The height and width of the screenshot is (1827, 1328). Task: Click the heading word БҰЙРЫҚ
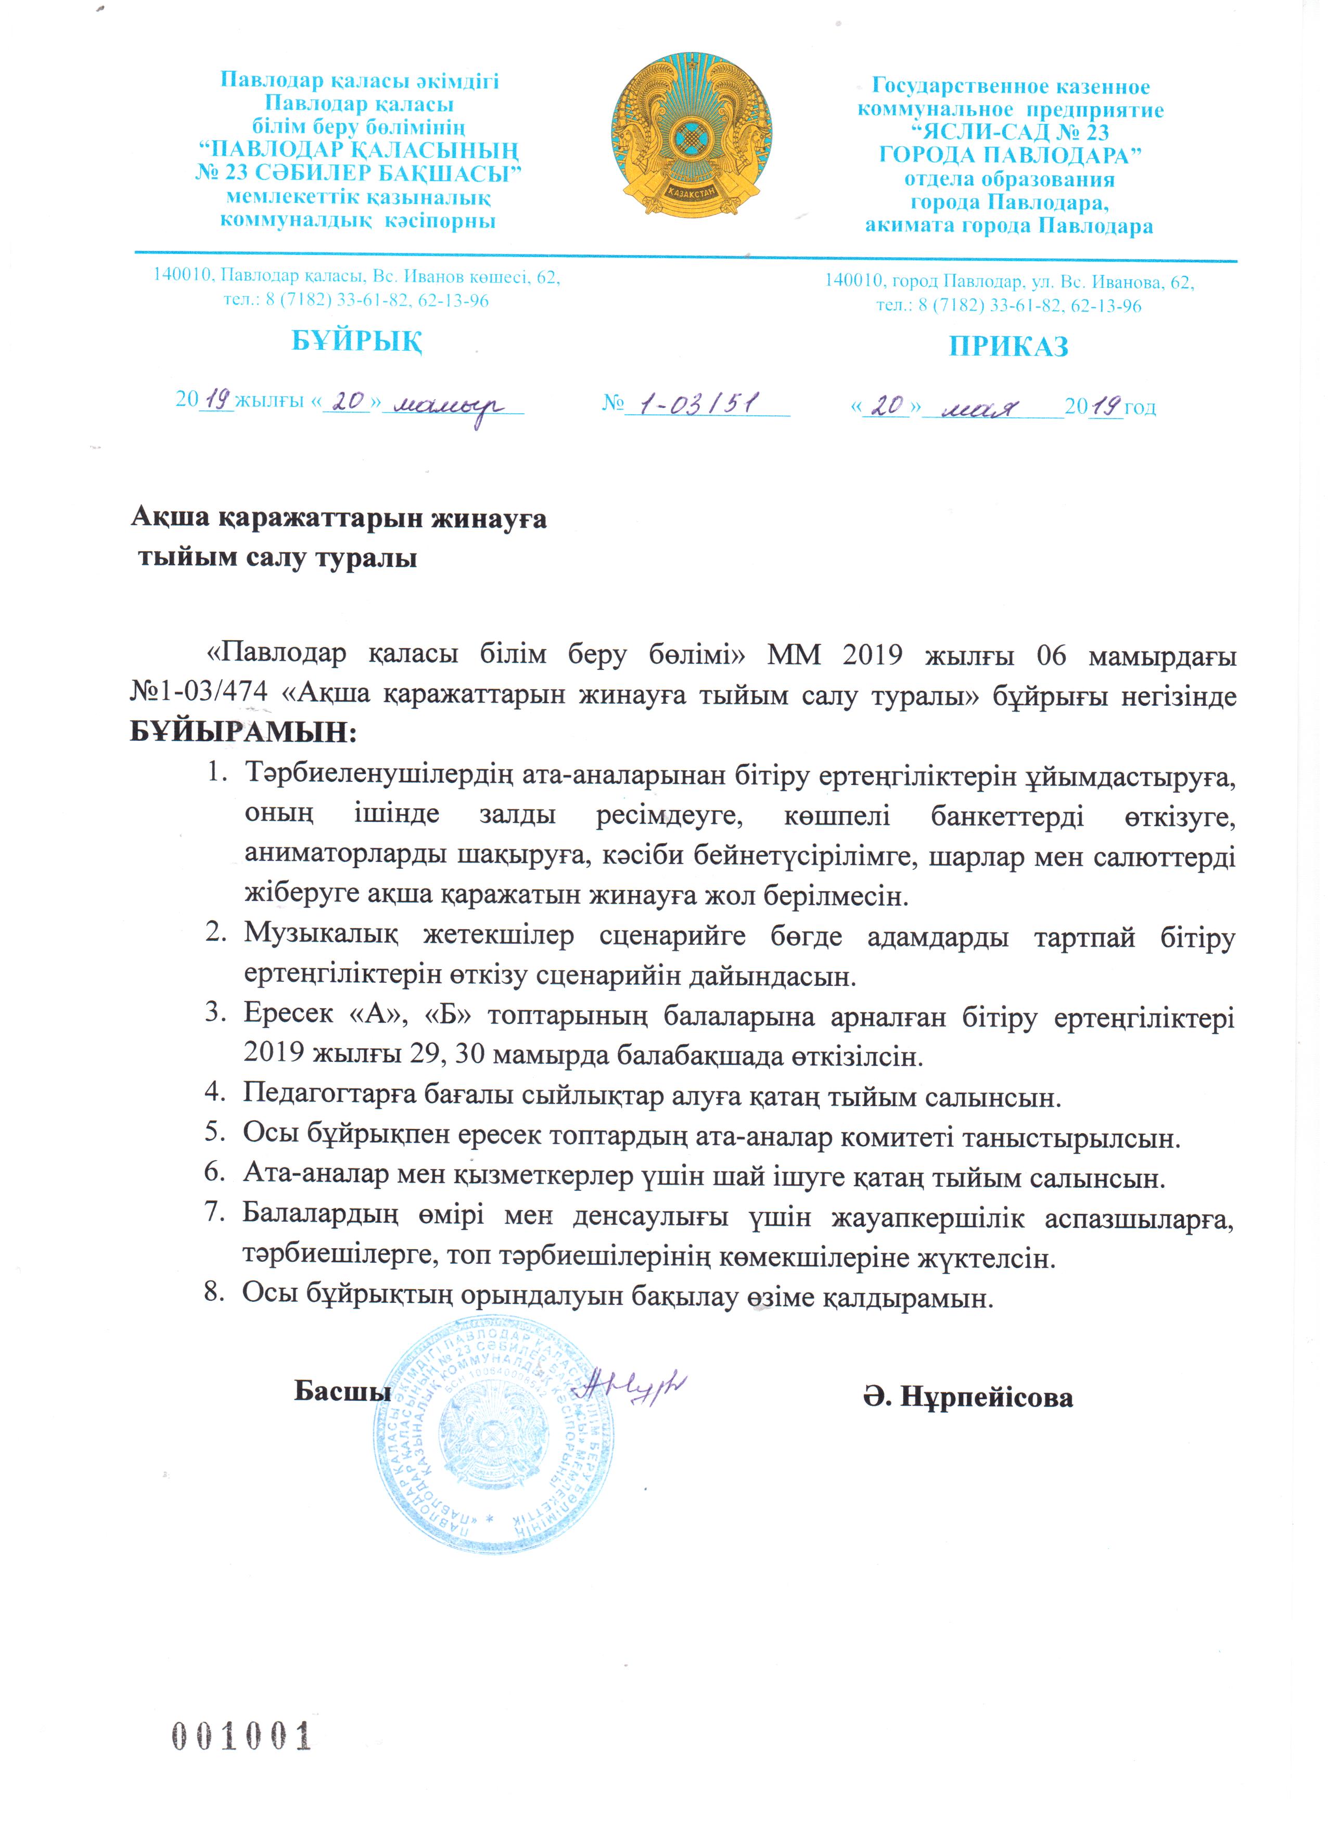point(357,341)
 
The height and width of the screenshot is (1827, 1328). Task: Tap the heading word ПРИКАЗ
point(1008,346)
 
